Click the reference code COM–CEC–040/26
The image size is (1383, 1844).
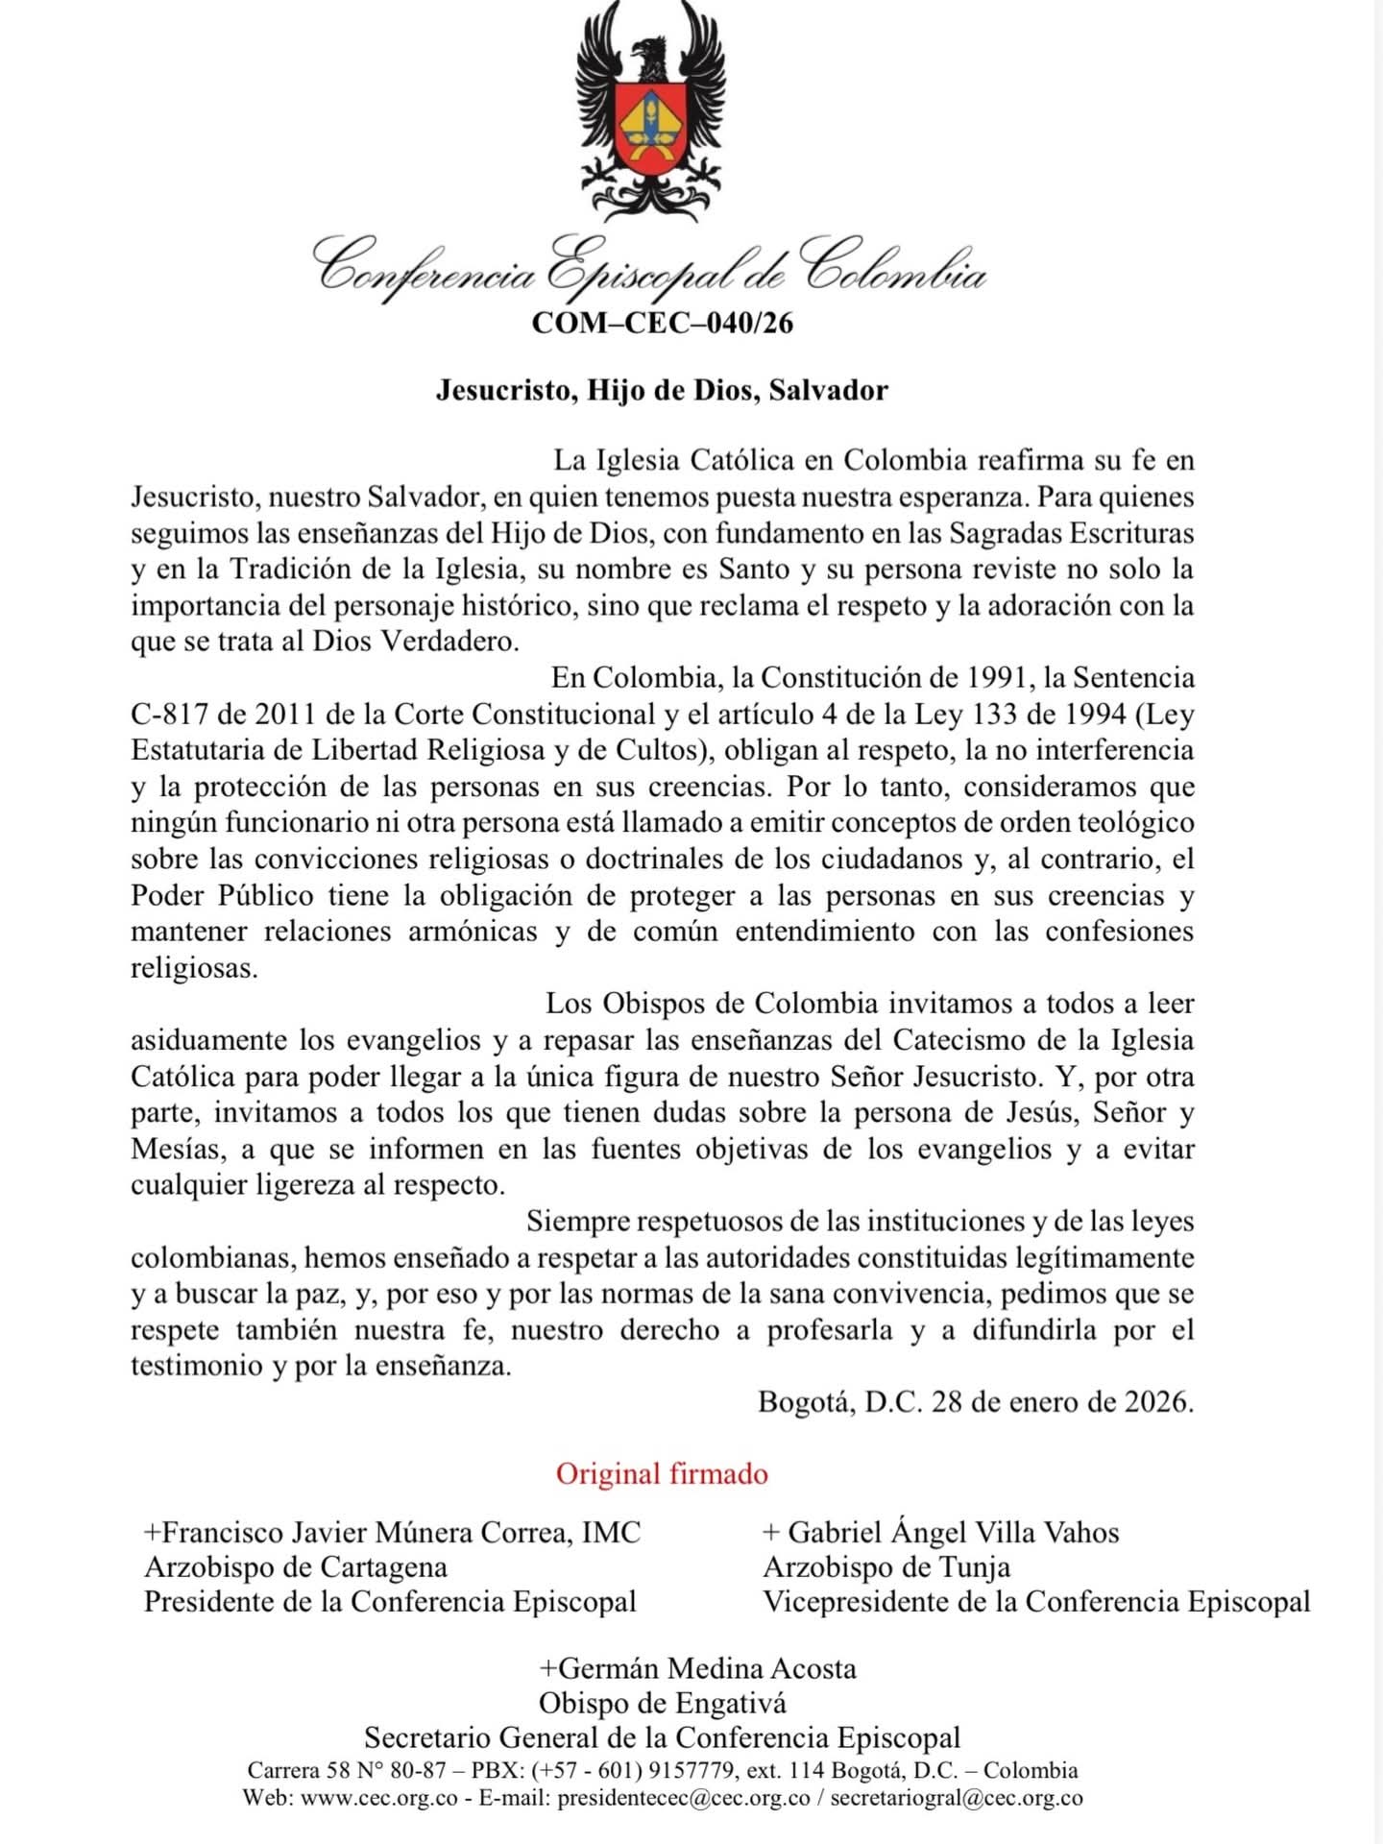(x=663, y=323)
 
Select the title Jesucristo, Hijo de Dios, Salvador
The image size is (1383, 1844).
(x=662, y=391)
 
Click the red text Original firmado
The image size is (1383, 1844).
(x=662, y=1474)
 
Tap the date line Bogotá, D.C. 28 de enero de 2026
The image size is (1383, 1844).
(x=976, y=1402)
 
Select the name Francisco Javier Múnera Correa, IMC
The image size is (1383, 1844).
(x=393, y=1532)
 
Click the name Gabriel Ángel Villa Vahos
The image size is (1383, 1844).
(x=942, y=1532)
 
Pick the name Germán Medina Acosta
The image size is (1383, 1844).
(x=697, y=1668)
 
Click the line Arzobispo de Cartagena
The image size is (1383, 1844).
(x=296, y=1567)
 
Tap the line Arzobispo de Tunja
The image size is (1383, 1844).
(x=886, y=1567)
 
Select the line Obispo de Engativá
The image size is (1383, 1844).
(x=663, y=1704)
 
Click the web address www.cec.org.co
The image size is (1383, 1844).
(x=379, y=1799)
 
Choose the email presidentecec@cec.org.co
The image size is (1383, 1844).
(x=684, y=1799)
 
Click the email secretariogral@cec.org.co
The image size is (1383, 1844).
(x=957, y=1799)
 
